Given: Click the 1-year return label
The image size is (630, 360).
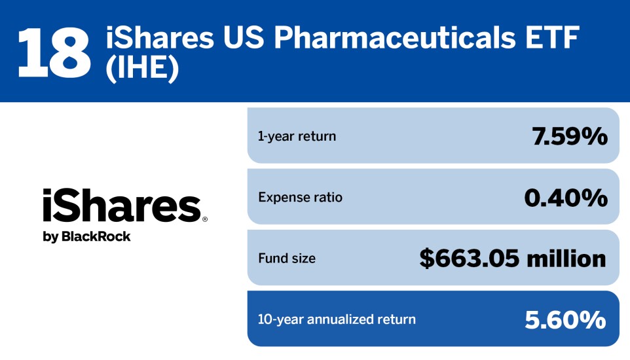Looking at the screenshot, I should (x=297, y=136).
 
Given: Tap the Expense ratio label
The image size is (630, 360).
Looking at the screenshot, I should (x=300, y=197).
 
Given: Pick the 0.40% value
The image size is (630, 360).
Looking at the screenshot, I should (x=565, y=197).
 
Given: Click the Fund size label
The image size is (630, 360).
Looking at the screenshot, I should (x=287, y=258).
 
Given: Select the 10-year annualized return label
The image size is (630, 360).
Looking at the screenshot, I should (x=337, y=319).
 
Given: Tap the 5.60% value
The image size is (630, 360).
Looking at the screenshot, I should (x=565, y=319).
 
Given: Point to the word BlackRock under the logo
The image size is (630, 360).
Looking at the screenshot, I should (x=96, y=237).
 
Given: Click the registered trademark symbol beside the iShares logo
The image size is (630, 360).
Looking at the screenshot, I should (x=205, y=220).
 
